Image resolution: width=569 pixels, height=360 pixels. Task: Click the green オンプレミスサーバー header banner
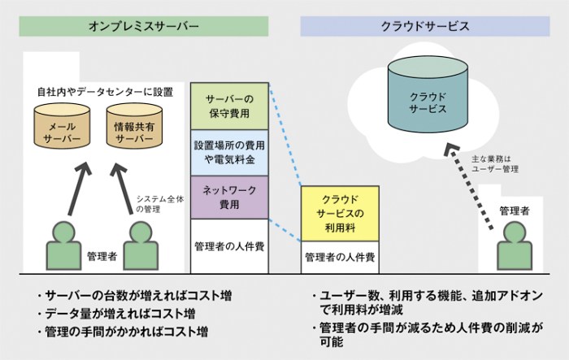point(144,26)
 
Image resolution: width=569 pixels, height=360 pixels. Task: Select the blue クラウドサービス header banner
point(425,26)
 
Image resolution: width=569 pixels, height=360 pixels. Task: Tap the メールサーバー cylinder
point(62,126)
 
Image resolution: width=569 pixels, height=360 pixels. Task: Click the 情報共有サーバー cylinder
point(134,126)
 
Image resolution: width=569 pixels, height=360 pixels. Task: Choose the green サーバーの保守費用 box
point(229,106)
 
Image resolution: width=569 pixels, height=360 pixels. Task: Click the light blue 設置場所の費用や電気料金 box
point(229,153)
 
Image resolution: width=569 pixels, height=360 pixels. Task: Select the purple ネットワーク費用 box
point(229,197)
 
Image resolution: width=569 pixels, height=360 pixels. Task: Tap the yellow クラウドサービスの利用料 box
point(340,214)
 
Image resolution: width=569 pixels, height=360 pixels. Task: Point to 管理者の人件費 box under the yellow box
point(340,258)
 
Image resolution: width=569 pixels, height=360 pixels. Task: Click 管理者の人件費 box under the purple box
point(229,246)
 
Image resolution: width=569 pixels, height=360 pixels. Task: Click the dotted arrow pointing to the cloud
point(470,187)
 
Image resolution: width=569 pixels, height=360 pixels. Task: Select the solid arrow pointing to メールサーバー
point(79,189)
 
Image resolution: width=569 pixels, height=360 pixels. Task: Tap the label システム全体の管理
point(160,204)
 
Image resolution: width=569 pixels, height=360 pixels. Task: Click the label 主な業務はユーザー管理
point(495,164)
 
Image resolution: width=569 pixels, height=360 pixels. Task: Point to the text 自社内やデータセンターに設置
point(105,92)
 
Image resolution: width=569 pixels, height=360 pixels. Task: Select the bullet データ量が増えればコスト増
point(117,314)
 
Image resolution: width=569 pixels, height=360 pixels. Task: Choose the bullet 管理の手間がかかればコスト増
point(123,332)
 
